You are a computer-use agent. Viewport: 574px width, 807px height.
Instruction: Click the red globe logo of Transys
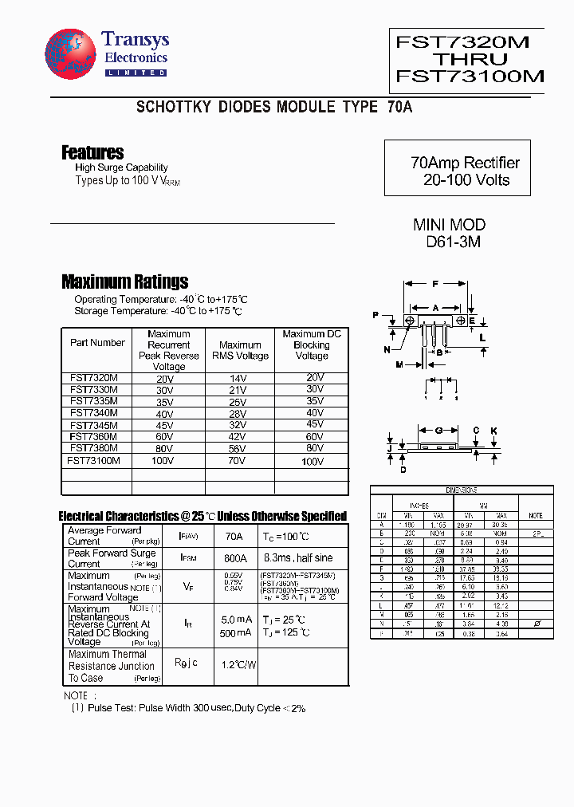[x=71, y=54]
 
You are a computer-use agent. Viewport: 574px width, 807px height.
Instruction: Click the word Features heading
[x=92, y=152]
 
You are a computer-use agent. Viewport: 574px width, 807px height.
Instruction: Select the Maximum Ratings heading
[x=125, y=281]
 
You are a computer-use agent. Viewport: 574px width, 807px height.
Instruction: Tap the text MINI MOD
[x=449, y=225]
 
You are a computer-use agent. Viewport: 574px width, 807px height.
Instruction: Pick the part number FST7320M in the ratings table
[x=94, y=378]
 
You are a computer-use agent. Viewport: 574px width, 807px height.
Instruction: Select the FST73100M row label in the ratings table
[x=94, y=460]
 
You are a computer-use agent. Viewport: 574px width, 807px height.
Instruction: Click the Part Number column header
[x=97, y=343]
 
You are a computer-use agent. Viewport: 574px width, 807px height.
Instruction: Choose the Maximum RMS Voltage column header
[x=240, y=350]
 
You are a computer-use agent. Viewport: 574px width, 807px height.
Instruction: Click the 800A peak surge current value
[x=235, y=558]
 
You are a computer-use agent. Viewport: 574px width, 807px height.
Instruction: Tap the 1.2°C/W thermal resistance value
[x=238, y=663]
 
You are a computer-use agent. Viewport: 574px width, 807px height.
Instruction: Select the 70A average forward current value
[x=234, y=536]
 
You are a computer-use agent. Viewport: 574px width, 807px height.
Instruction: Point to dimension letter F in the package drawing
[x=435, y=284]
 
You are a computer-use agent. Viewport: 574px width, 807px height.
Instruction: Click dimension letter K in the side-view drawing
[x=493, y=431]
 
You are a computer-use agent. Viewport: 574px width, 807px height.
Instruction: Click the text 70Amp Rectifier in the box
[x=465, y=163]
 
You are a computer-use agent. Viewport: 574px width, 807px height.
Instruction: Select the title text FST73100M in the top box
[x=470, y=77]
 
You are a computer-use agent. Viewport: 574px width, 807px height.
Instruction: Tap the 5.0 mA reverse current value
[x=237, y=620]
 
